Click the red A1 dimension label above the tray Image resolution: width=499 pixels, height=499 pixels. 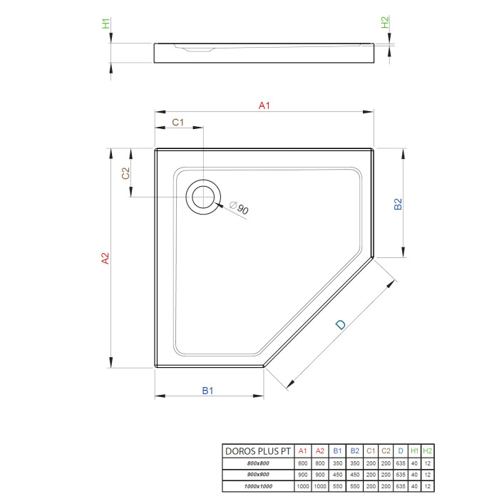tap(264, 106)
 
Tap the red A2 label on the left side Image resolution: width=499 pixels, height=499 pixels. tap(105, 258)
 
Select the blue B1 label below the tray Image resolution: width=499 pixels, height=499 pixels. tap(207, 391)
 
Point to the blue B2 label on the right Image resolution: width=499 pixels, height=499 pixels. tap(398, 204)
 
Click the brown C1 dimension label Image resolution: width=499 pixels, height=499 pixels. tap(178, 122)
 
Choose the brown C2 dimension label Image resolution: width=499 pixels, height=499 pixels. tap(125, 173)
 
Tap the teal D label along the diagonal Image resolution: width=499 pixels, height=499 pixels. tap(341, 324)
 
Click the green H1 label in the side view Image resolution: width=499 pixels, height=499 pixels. tap(106, 24)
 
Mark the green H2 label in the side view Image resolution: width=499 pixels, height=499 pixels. tap(385, 22)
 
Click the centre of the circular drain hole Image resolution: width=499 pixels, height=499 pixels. tap(203, 197)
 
